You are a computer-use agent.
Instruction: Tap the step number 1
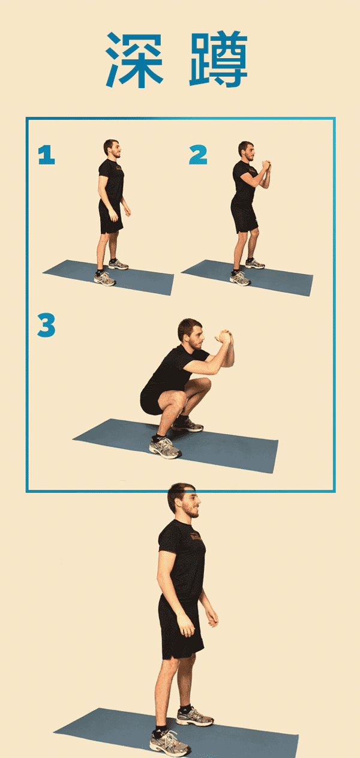tap(46, 155)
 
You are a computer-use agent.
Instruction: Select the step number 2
tap(198, 155)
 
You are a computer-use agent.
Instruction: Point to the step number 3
tap(46, 325)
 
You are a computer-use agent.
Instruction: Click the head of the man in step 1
tap(112, 149)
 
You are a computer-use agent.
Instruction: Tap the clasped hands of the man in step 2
tap(266, 166)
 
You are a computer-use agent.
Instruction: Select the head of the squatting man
tap(191, 334)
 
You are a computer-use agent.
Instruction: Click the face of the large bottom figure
tap(191, 503)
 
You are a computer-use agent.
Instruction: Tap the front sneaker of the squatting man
tap(164, 447)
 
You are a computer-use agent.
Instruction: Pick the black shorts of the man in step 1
tap(110, 216)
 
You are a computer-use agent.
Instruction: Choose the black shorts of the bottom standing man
tap(181, 629)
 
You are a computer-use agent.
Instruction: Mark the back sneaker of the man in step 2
tap(255, 264)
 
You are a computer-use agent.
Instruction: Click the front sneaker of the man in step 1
tap(104, 279)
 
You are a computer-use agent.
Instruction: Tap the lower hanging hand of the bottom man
tap(186, 625)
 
